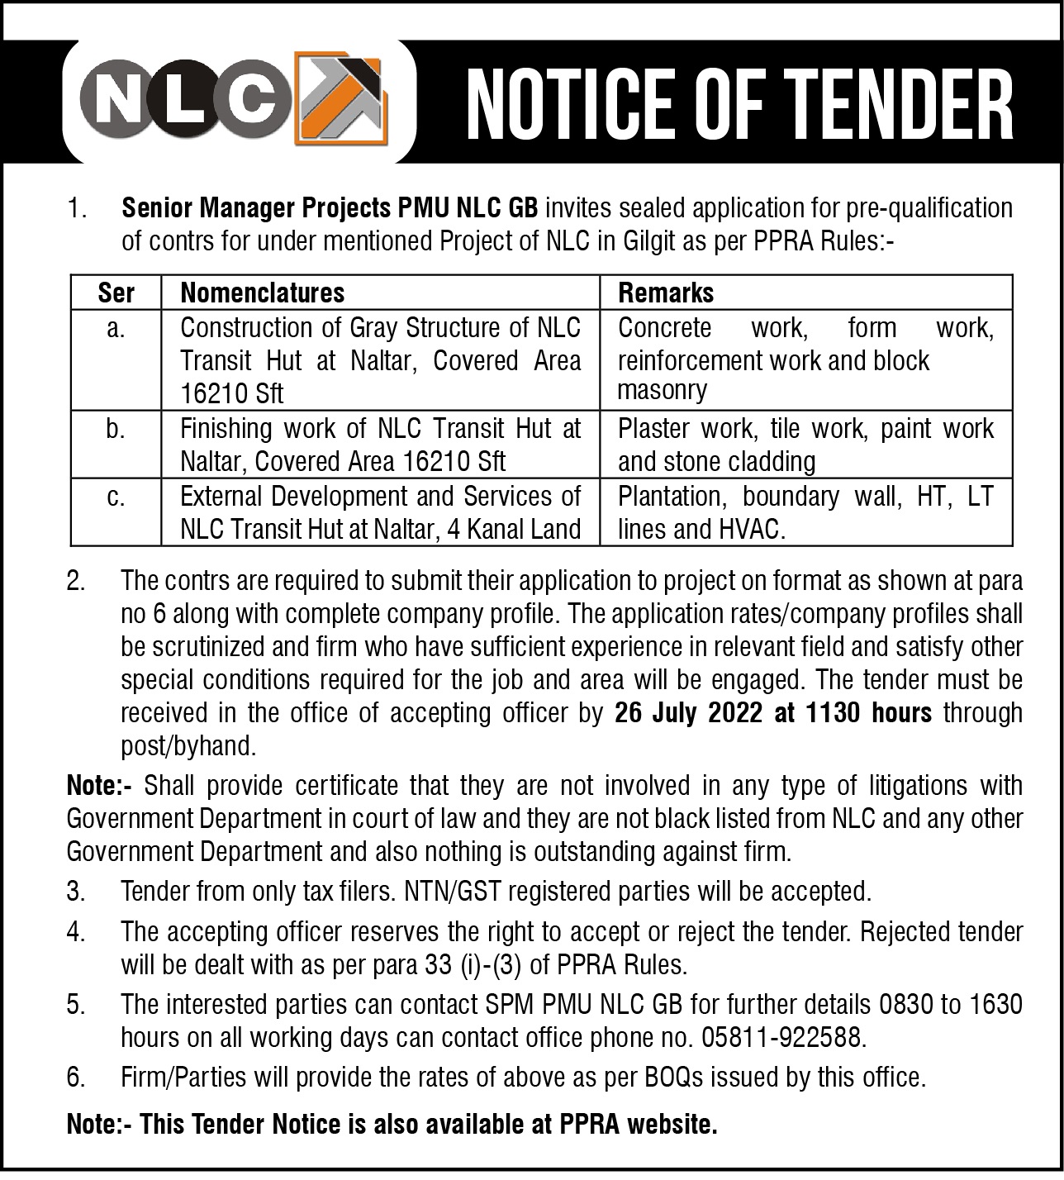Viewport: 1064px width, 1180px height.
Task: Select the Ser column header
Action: pyautogui.click(x=116, y=293)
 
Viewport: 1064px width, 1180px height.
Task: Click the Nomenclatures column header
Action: pyautogui.click(x=262, y=293)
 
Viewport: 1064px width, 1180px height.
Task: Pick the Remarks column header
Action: pyautogui.click(x=666, y=293)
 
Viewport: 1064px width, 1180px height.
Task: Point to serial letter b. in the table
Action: pyautogui.click(x=116, y=430)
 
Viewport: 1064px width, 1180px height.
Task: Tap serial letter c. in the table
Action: pyautogui.click(x=116, y=497)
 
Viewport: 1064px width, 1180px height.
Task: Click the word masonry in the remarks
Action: pyautogui.click(x=662, y=390)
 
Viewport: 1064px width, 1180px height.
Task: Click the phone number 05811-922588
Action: pyautogui.click(x=783, y=1037)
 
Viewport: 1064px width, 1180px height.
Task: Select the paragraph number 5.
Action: pyautogui.click(x=76, y=1004)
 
